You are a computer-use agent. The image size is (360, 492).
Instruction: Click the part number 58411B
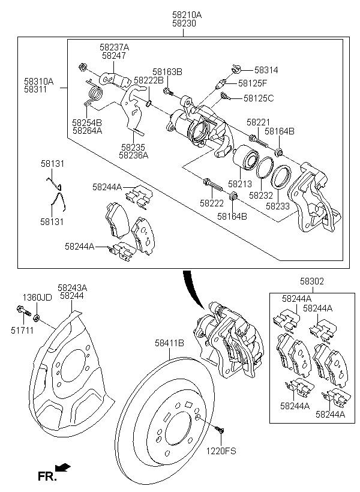tap(169, 343)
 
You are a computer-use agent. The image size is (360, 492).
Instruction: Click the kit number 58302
tap(313, 280)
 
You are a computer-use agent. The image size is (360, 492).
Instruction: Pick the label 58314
tap(266, 70)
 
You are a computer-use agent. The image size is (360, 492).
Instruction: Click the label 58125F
tap(253, 83)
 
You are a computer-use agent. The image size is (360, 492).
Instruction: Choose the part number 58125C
tap(258, 98)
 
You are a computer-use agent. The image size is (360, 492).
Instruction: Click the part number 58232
tap(260, 195)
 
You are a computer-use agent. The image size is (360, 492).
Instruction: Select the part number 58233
tap(278, 206)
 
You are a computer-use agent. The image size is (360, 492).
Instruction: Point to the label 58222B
tap(148, 80)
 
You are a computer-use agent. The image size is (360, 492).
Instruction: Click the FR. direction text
tap(47, 477)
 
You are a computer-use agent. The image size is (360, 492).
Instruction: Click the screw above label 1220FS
tap(220, 430)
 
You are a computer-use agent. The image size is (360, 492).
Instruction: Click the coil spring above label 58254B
tap(94, 92)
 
